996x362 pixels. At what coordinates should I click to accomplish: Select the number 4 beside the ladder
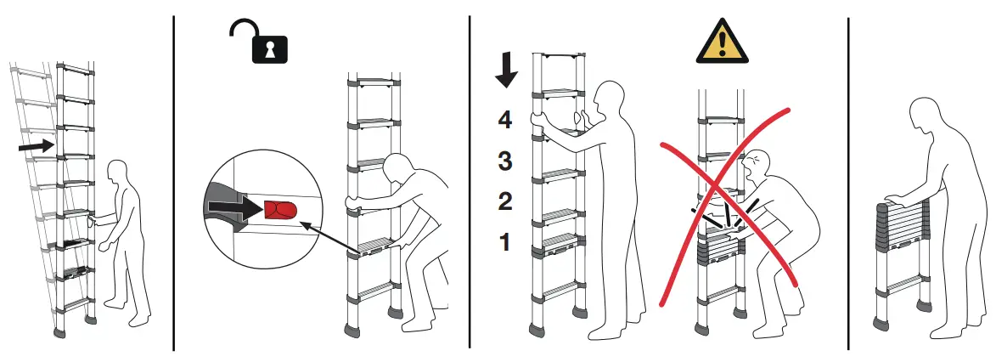pos(505,120)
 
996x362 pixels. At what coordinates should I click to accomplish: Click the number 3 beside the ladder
pos(505,161)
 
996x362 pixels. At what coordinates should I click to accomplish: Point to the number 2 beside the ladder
pos(505,201)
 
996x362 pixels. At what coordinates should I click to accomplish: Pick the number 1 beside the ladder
pos(505,242)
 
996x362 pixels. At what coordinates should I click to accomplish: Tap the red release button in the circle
pos(279,208)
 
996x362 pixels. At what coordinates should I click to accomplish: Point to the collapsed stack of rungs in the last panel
pos(902,227)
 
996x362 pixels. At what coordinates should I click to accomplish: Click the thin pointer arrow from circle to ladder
pos(327,237)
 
